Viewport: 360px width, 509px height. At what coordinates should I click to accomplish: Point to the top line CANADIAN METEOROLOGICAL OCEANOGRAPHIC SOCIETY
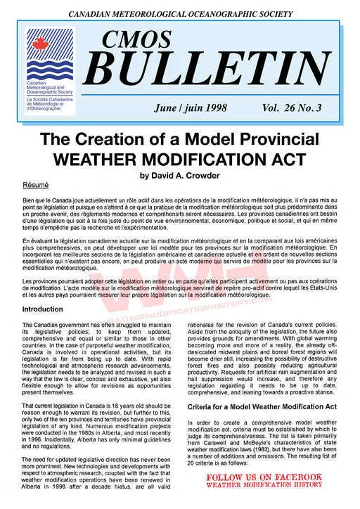[x=180, y=14]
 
